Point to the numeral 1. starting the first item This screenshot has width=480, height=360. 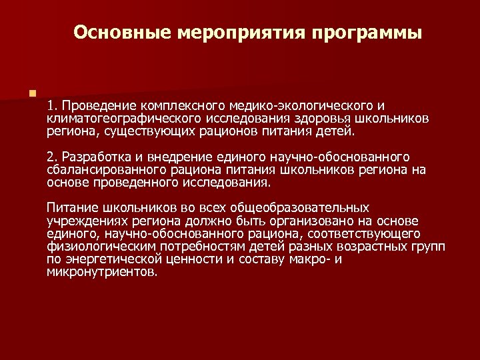pyautogui.click(x=53, y=105)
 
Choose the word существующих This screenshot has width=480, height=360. pyautogui.click(x=154, y=131)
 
